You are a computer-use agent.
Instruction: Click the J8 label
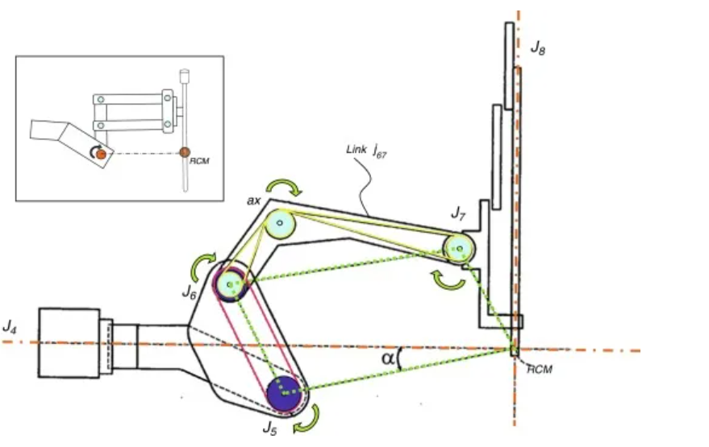pos(538,49)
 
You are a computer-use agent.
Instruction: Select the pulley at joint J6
pos(231,284)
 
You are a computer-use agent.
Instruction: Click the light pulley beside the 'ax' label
pos(280,222)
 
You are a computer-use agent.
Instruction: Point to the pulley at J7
pos(457,248)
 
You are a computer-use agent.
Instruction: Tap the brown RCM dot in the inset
pos(185,152)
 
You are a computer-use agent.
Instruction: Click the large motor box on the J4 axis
pos(69,342)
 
